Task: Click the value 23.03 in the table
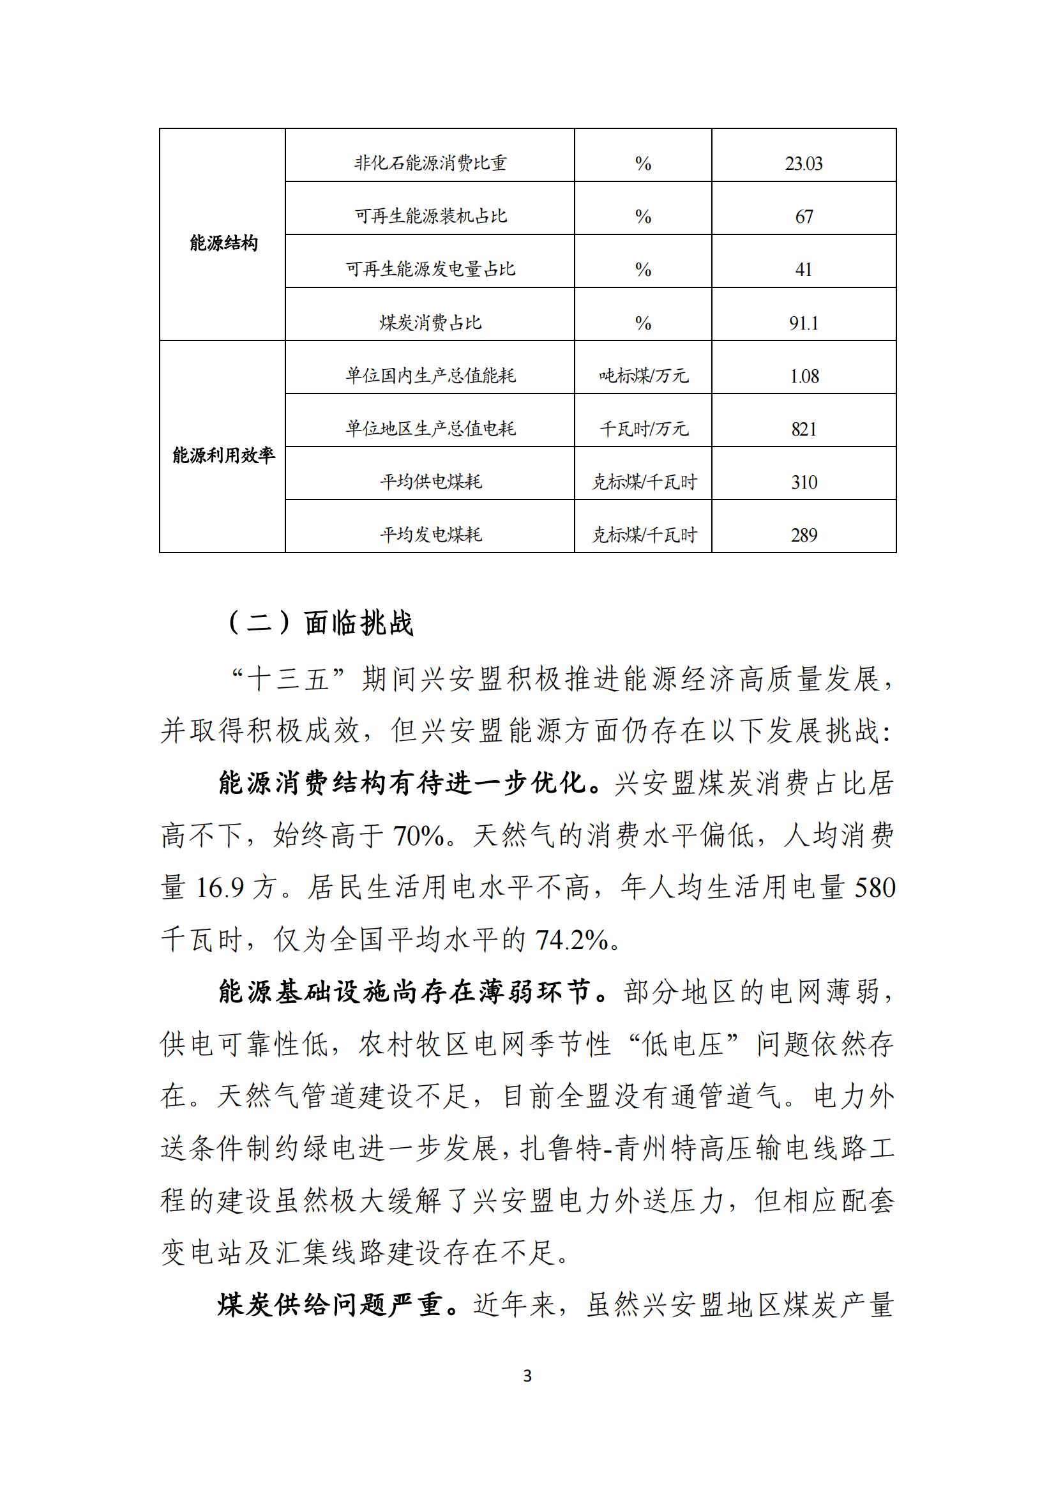click(x=804, y=164)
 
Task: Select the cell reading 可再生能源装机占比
click(x=430, y=216)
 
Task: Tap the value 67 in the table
click(x=804, y=217)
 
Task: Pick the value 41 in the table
click(x=804, y=270)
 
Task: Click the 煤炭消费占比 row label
click(x=430, y=323)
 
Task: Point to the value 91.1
click(x=804, y=323)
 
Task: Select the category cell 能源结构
click(x=223, y=243)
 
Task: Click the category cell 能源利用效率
click(x=223, y=455)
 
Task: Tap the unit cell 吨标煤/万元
click(x=643, y=376)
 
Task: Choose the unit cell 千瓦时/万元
click(x=643, y=429)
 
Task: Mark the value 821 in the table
click(x=804, y=429)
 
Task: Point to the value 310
click(x=804, y=483)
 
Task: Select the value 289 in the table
click(x=804, y=535)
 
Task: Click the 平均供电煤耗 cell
click(x=430, y=482)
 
